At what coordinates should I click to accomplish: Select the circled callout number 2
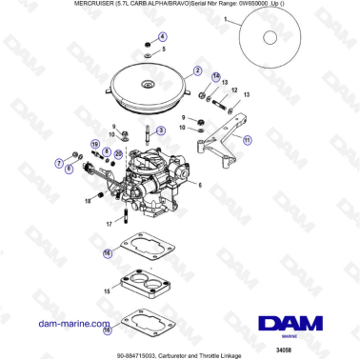click(x=198, y=70)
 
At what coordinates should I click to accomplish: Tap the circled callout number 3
click(x=160, y=130)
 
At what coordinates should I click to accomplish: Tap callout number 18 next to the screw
click(x=88, y=201)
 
